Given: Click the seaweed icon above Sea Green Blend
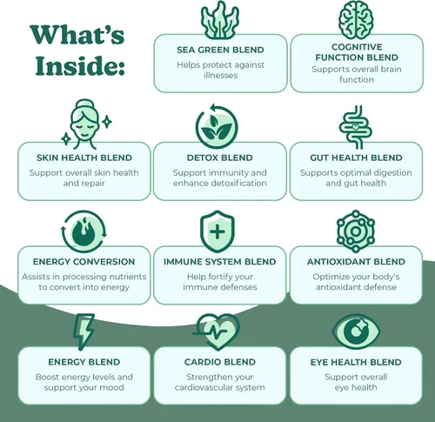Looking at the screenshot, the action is coord(220,20).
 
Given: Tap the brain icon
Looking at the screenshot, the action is coord(356,20).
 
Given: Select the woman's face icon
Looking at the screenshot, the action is coord(84,124).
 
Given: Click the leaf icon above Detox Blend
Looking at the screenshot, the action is coord(217,127).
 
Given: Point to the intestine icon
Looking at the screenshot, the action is coord(356,127).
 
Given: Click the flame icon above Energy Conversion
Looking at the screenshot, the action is coord(84,231).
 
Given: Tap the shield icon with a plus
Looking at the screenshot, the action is coord(217,231).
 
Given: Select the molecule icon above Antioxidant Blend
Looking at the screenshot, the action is coord(356,231).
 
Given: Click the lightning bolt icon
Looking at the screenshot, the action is coord(84,332).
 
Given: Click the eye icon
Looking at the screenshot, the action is coord(356,332).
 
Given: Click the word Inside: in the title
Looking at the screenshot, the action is coord(80,65).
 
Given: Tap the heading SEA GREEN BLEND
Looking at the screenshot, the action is coord(220,50).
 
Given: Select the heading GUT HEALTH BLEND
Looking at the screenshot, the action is coord(356,157).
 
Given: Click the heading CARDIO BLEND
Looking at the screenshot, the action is coord(220,362).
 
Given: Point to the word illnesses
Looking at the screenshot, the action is coord(221,76).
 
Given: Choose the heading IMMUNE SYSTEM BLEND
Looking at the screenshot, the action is coord(220,262).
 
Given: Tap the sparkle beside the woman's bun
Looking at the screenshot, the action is coord(107,122).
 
